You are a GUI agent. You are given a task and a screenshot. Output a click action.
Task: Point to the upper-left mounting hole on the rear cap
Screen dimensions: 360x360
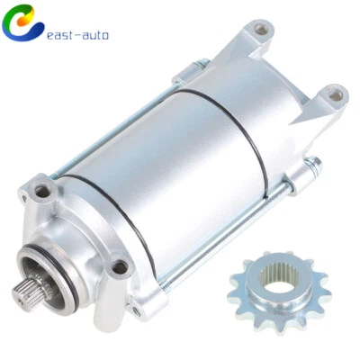(261, 30)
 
